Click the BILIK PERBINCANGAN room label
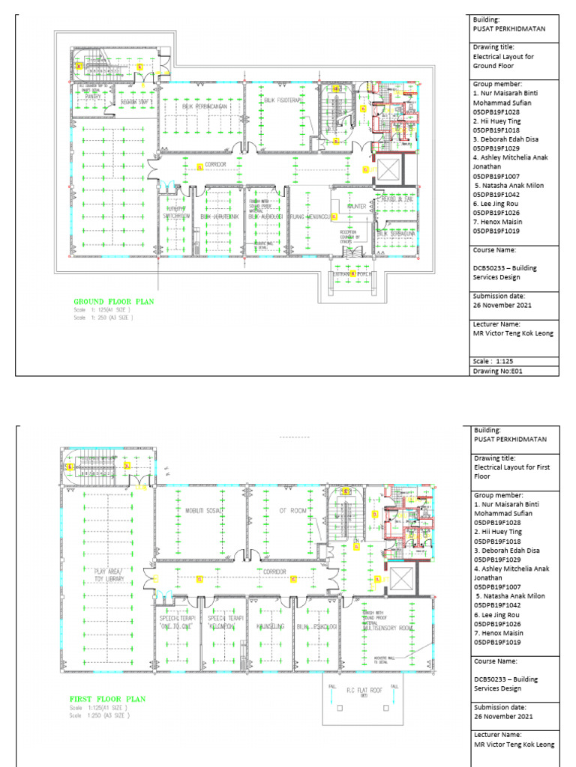coord(203,106)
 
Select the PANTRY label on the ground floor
coord(94,96)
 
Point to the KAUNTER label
coord(355,207)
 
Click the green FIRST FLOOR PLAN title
coord(108,699)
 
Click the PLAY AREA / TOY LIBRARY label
coord(109,575)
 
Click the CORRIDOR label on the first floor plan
coord(274,571)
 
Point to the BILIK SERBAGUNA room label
coord(395,234)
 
